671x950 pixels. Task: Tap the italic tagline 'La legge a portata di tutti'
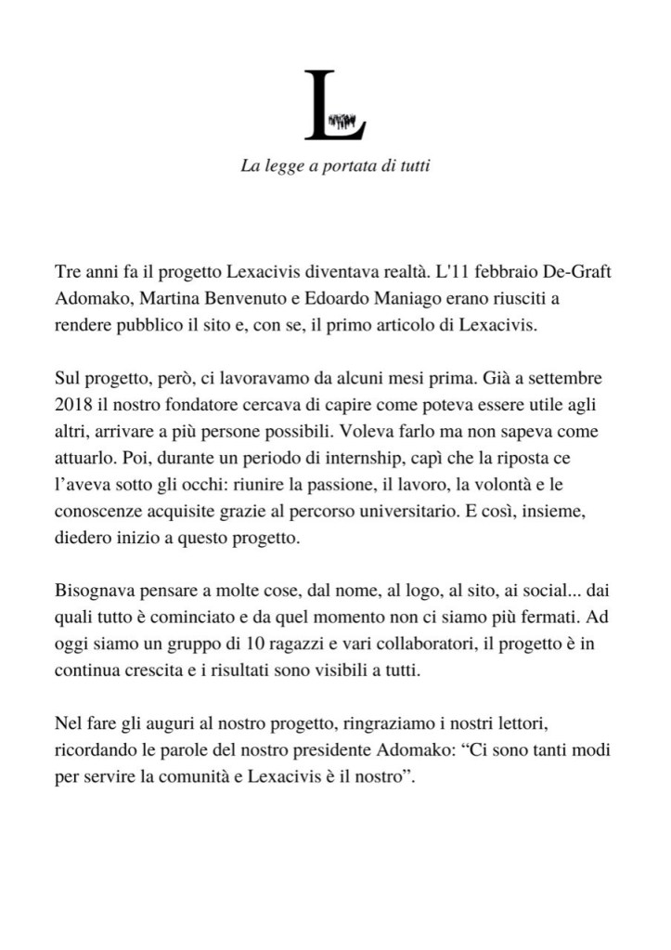(x=335, y=167)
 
